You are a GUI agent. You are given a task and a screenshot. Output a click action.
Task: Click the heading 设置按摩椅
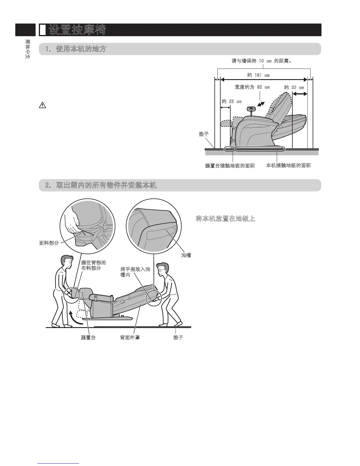tap(77, 30)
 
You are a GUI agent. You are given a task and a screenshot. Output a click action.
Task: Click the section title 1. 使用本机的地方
tap(76, 49)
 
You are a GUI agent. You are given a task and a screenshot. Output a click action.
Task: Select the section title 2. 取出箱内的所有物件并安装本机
tap(101, 185)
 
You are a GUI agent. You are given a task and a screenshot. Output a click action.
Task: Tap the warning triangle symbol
tap(42, 106)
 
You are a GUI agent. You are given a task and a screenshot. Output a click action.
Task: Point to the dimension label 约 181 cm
tap(258, 75)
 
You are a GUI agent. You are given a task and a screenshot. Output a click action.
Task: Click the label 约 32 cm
tap(294, 87)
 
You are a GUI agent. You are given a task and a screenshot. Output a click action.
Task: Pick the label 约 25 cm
tap(231, 101)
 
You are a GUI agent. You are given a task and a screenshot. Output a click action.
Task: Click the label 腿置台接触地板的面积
tap(230, 166)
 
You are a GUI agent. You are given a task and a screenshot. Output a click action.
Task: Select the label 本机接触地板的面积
tap(288, 166)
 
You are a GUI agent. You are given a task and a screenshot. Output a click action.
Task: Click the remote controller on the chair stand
tap(251, 109)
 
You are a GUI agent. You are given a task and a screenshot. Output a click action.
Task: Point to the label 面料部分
tap(49, 243)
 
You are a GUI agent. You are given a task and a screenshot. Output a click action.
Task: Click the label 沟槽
tap(186, 255)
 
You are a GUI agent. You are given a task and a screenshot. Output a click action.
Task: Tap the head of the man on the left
tap(67, 262)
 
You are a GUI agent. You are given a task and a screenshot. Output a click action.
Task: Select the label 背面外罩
tap(130, 337)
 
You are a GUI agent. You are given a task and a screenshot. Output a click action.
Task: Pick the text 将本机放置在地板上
tap(225, 219)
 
